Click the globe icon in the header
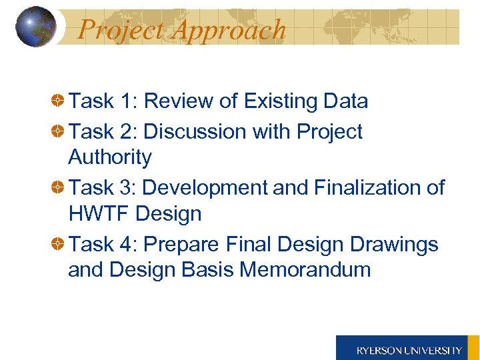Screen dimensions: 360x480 [35, 27]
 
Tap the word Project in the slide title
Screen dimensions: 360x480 [119, 30]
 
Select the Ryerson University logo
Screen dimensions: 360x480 [408, 348]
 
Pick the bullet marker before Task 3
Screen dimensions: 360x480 [59, 188]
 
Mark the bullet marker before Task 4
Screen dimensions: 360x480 [59, 245]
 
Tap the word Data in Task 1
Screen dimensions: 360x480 [345, 101]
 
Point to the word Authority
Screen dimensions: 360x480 [110, 157]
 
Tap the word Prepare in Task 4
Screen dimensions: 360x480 [179, 245]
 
